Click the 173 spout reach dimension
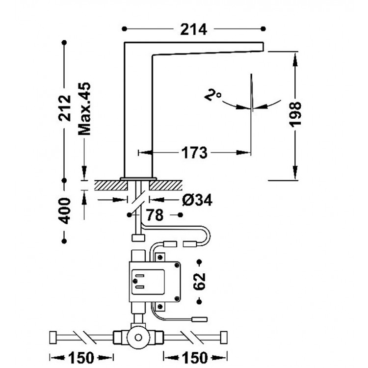(x=195, y=153)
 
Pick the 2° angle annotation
(x=213, y=95)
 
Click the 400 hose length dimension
(x=64, y=210)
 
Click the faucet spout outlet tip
(x=262, y=46)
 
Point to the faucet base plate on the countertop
(x=138, y=178)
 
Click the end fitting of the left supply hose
(x=53, y=337)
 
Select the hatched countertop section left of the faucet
(x=106, y=185)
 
